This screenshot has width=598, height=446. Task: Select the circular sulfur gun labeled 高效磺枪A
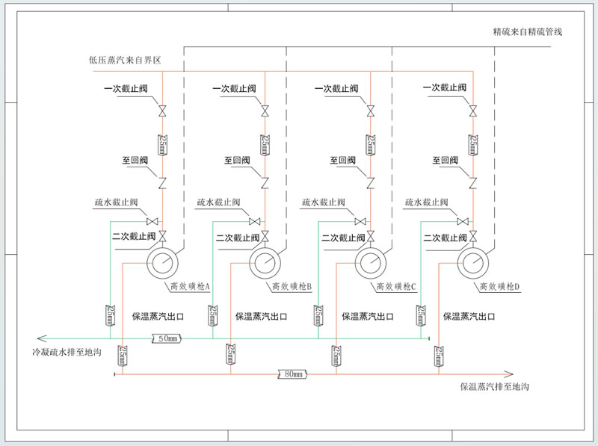point(161,262)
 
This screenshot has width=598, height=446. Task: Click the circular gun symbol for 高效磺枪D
point(472,262)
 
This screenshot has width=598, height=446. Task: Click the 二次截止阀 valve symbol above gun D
point(472,237)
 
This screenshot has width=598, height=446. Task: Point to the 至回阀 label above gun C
point(344,161)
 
